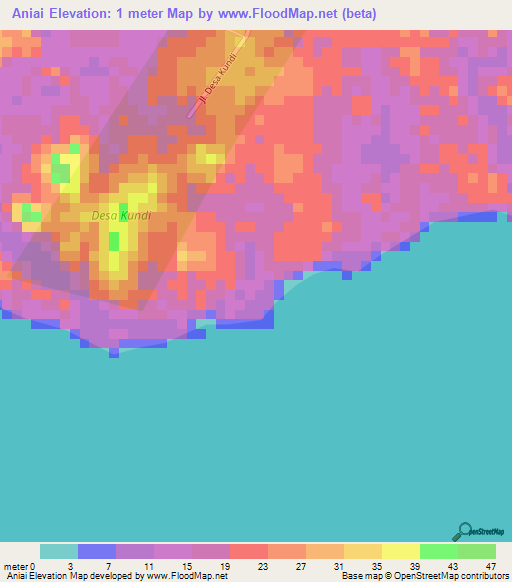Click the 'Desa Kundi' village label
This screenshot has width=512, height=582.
[120, 215]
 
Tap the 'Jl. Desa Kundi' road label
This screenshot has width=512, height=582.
[217, 81]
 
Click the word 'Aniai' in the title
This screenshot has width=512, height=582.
[29, 14]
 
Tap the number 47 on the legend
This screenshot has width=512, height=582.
[490, 565]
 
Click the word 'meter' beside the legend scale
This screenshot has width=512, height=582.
[14, 565]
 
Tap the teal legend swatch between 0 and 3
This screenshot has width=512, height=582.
[59, 551]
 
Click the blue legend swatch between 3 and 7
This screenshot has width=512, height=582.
[97, 551]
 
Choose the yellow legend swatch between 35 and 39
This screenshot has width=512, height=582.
[401, 551]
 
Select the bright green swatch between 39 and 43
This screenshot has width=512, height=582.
[439, 551]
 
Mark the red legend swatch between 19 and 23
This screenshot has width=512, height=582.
[249, 551]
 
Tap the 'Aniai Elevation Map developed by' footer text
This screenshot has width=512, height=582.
[72, 576]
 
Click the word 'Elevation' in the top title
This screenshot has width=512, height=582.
[92, 14]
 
